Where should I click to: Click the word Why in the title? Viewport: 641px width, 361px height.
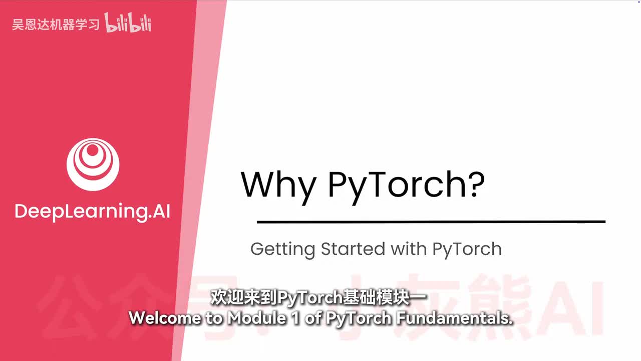pyautogui.click(x=278, y=185)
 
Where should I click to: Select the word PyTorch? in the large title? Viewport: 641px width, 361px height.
pyautogui.click(x=406, y=185)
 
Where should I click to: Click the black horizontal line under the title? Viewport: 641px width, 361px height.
pyautogui.click(x=431, y=221)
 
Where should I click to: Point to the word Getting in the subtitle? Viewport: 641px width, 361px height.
pyautogui.click(x=282, y=249)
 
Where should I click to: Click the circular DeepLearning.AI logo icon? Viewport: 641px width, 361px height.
pyautogui.click(x=93, y=164)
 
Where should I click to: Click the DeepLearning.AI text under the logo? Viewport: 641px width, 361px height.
pyautogui.click(x=93, y=212)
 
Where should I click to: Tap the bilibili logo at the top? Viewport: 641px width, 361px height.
pyautogui.click(x=128, y=24)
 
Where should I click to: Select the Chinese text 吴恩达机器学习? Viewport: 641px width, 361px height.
pyautogui.click(x=56, y=25)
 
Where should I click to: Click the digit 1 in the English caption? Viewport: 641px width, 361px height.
pyautogui.click(x=296, y=318)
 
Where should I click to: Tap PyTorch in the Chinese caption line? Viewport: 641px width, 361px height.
pyautogui.click(x=309, y=297)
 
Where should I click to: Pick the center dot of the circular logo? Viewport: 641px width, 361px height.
pyautogui.click(x=93, y=150)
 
